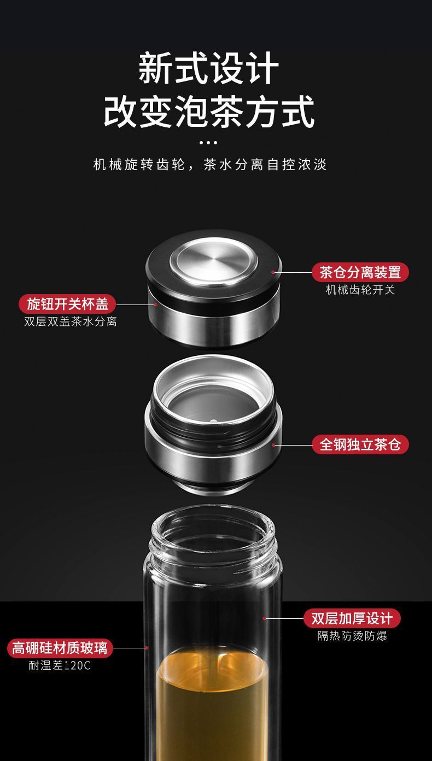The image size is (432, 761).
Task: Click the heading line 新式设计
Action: (x=209, y=68)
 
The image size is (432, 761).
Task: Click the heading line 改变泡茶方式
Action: (x=209, y=112)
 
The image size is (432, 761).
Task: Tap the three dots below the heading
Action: (x=208, y=142)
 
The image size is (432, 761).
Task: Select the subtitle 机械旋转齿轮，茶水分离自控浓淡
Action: (x=210, y=165)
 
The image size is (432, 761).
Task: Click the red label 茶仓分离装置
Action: (x=360, y=272)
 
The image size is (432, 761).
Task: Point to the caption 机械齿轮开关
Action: (x=360, y=290)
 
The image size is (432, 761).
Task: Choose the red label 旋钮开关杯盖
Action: (x=67, y=304)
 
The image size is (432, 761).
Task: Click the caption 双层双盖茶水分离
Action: (x=71, y=321)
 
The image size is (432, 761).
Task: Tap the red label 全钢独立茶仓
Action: (x=360, y=444)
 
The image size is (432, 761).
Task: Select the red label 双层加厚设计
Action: (x=352, y=618)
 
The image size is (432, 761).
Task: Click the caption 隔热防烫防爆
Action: (x=352, y=636)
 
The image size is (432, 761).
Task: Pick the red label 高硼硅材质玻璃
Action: (x=60, y=648)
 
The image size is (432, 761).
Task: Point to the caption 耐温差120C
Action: (x=60, y=665)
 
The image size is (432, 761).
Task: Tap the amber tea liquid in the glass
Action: (x=212, y=707)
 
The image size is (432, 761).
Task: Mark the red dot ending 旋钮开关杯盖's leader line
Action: (x=156, y=304)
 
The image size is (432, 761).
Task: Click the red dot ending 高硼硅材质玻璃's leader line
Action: (x=147, y=648)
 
